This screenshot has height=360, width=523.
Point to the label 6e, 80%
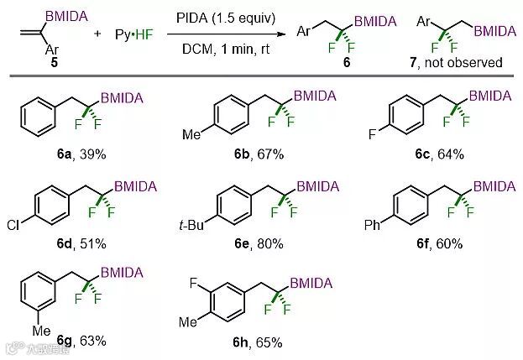(265, 243)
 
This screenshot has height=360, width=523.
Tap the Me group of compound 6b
(195, 133)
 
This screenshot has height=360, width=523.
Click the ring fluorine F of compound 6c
(372, 133)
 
